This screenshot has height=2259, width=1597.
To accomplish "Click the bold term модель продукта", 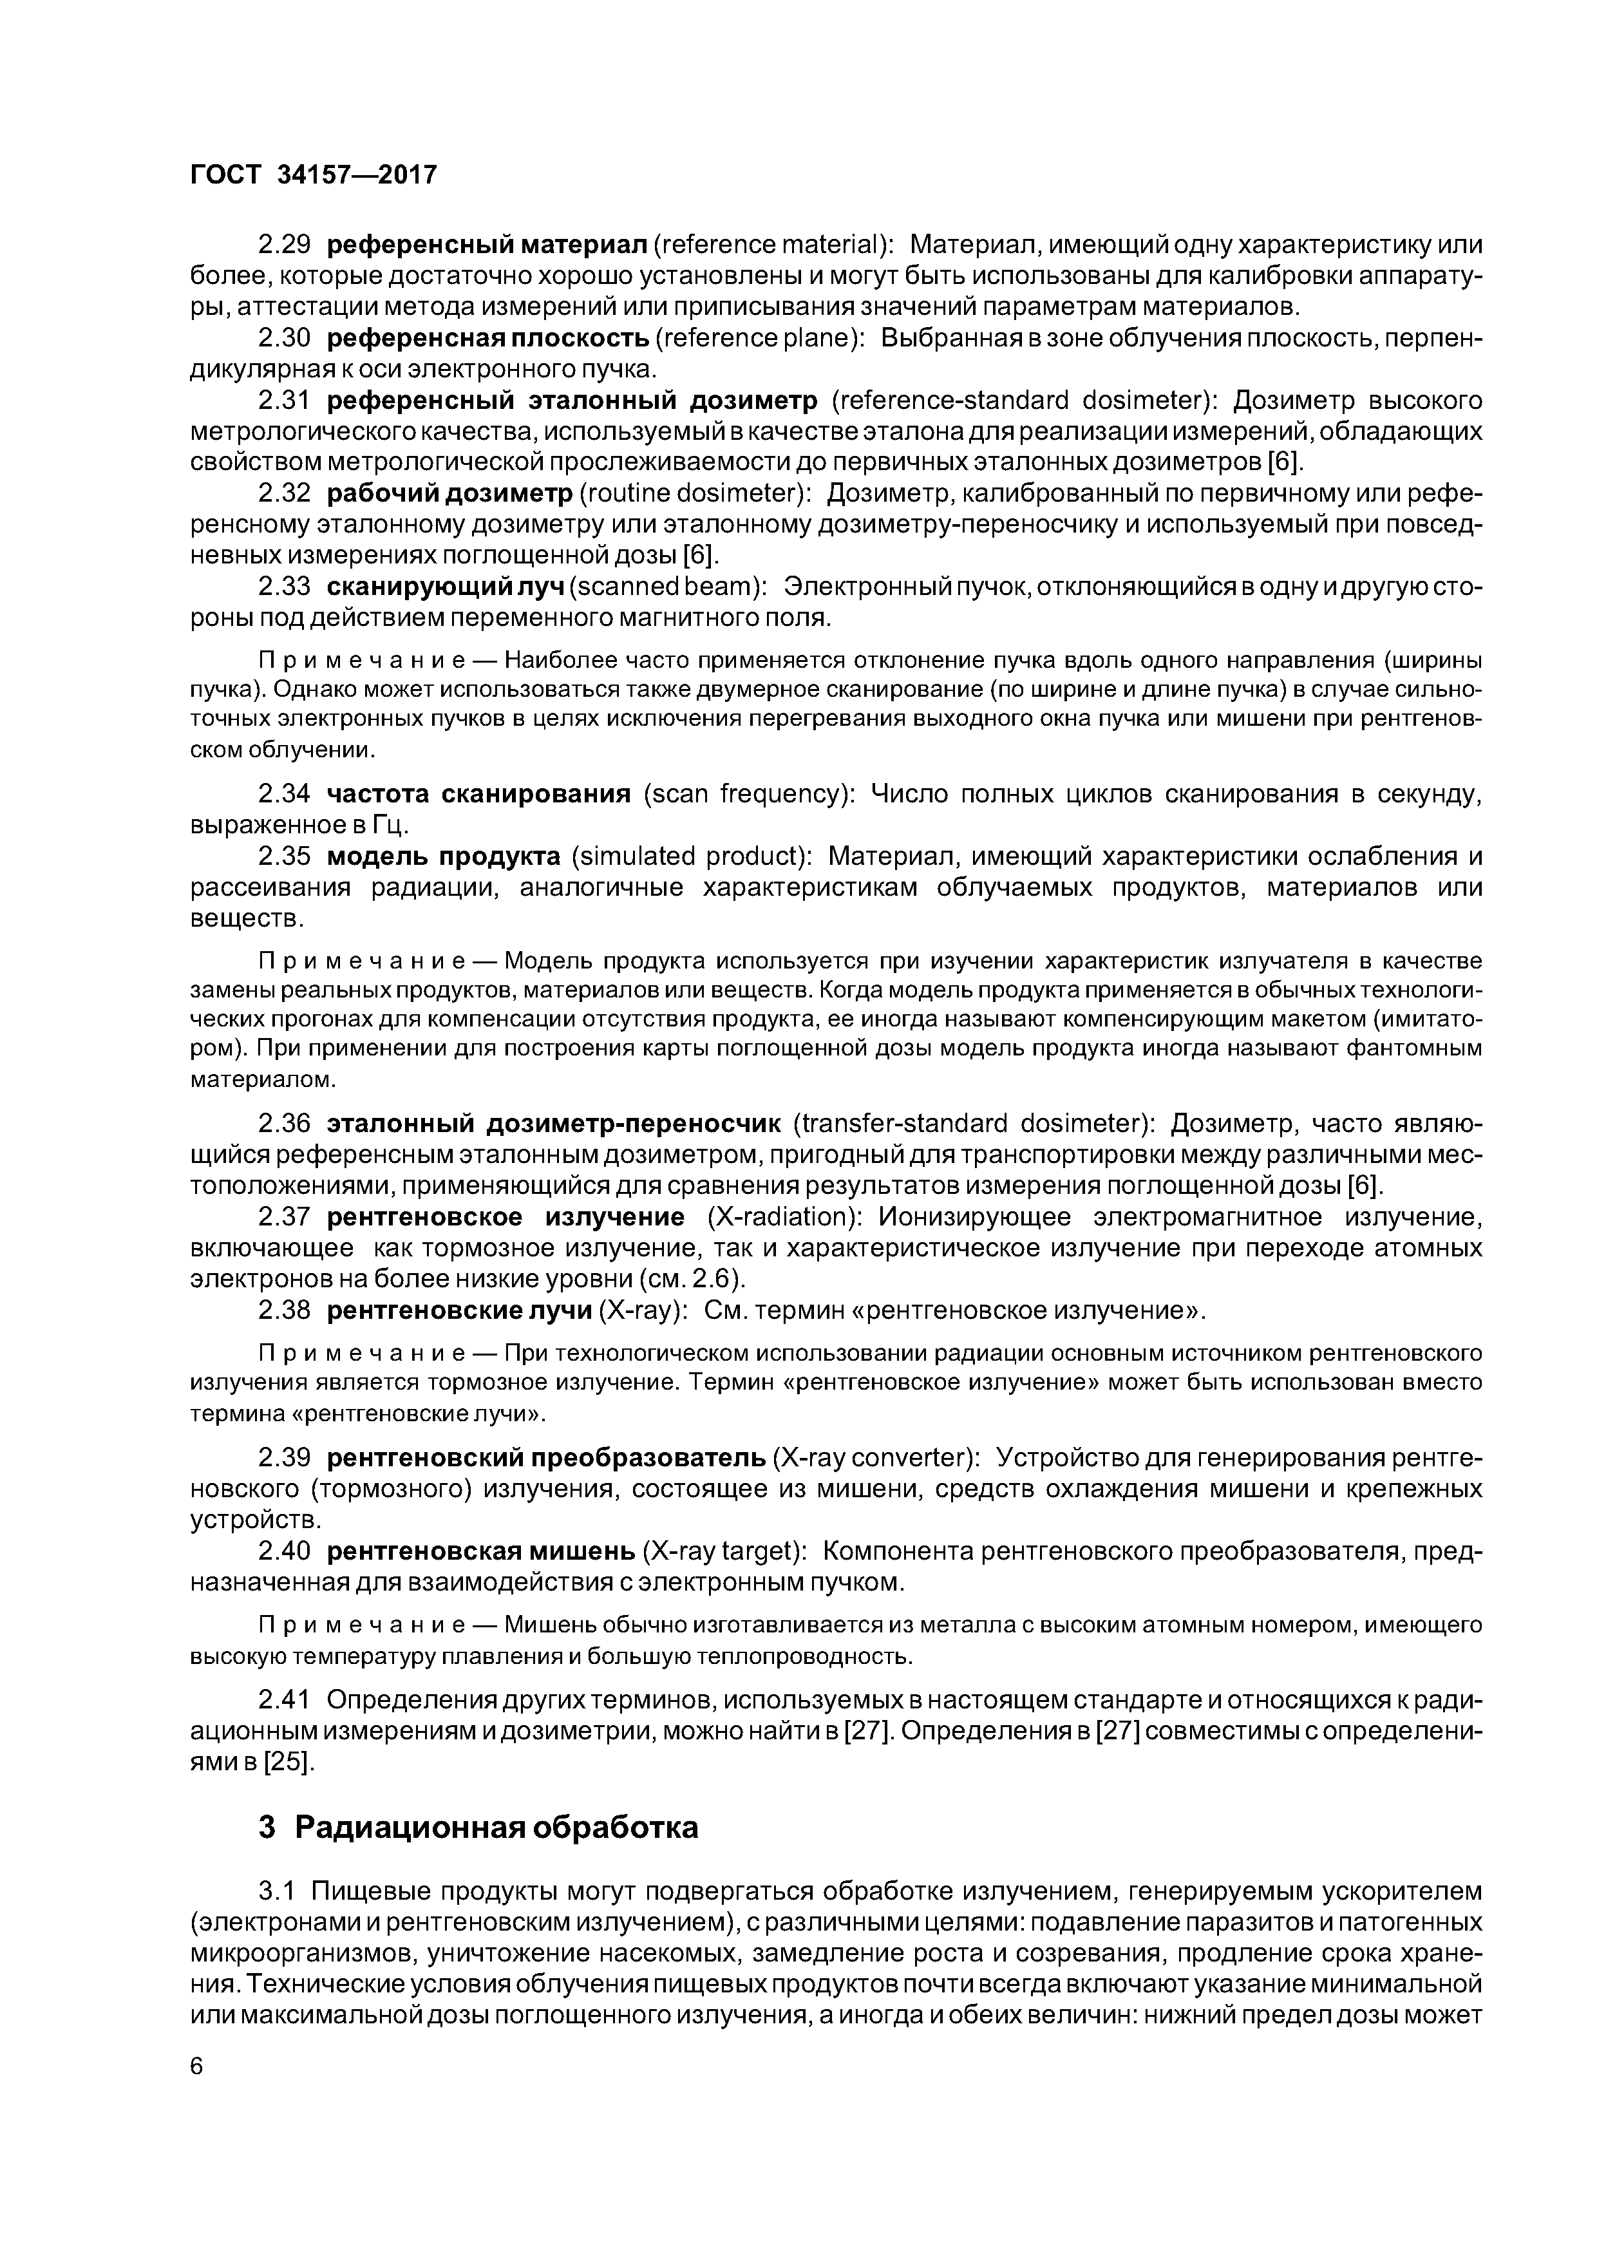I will pos(443,856).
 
